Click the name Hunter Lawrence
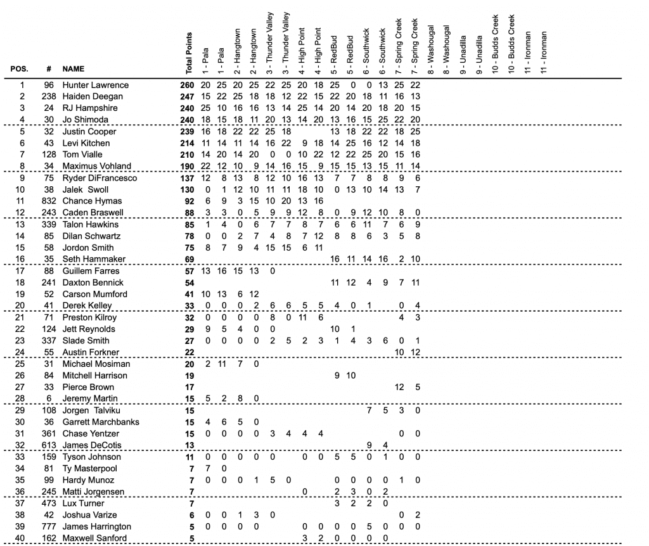pyautogui.click(x=95, y=85)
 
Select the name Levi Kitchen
pyautogui.click(x=86, y=143)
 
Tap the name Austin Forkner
pyautogui.click(x=91, y=352)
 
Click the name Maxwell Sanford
pyautogui.click(x=94, y=538)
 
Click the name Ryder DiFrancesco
pyautogui.click(x=99, y=178)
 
